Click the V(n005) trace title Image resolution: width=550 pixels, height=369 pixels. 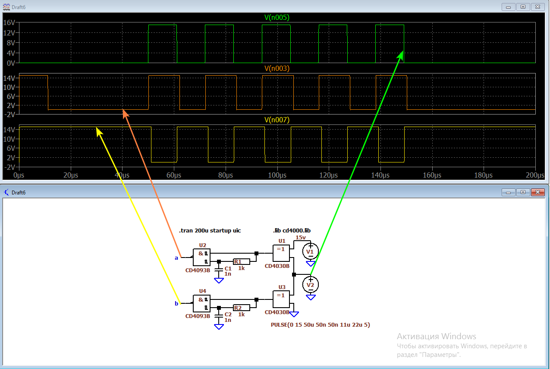277,17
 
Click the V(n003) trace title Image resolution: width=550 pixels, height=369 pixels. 277,68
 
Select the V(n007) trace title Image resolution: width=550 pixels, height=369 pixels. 277,120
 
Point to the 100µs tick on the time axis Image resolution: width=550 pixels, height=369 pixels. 277,175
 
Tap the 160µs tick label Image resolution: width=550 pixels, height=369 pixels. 432,175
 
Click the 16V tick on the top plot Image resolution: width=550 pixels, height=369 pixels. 9,22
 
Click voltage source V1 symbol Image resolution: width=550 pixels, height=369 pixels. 310,251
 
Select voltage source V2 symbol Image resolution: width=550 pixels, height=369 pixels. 310,284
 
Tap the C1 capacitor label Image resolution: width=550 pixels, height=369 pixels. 228,268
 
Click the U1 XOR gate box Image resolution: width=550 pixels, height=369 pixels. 281,250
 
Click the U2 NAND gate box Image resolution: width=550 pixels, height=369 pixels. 201,257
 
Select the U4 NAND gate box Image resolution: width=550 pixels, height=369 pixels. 201,303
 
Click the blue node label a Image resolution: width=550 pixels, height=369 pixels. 176,258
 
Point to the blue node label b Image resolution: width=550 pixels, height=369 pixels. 176,303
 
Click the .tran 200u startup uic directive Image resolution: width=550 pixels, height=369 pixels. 210,230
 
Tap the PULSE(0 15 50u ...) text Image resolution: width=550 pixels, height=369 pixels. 320,324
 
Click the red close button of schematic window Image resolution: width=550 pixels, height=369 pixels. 537,192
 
